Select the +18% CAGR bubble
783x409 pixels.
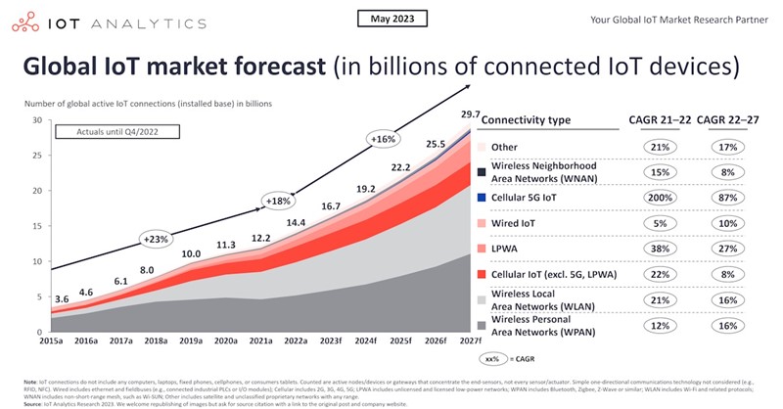click(x=279, y=201)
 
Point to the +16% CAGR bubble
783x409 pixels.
click(x=383, y=140)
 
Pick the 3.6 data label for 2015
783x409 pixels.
click(x=61, y=298)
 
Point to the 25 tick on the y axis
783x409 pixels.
click(x=38, y=156)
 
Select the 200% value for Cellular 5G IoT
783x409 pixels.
click(x=659, y=197)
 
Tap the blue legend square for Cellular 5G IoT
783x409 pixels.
click(x=483, y=197)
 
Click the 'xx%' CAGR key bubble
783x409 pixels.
click(x=491, y=360)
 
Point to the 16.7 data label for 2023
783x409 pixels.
click(x=330, y=206)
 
